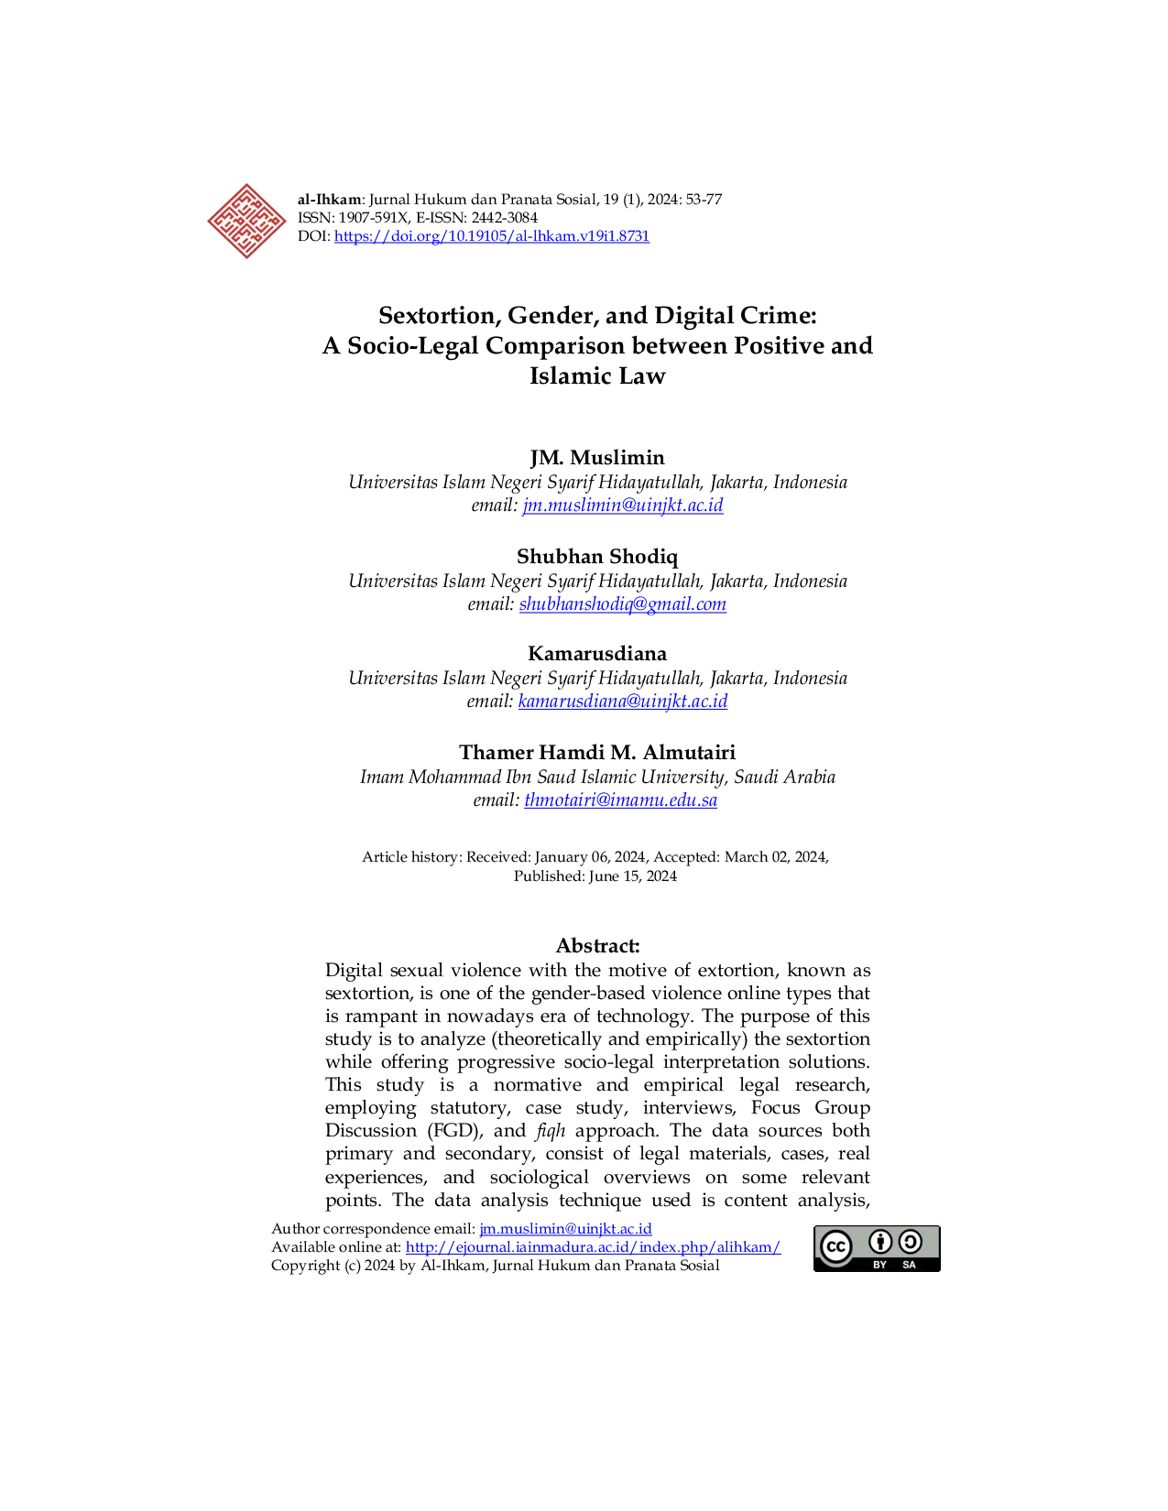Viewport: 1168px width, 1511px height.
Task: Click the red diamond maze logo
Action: [x=246, y=222]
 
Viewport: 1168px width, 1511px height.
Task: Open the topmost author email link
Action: [x=622, y=505]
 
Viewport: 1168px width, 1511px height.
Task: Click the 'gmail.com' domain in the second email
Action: [x=690, y=604]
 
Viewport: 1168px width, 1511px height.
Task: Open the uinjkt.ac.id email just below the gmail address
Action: [x=623, y=701]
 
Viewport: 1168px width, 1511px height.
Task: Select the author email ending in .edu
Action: [x=620, y=800]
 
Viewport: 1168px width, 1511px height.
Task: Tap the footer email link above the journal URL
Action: [x=565, y=1228]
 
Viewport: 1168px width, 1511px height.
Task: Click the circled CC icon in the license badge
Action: [x=835, y=1246]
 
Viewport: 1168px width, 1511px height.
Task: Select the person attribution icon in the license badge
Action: [x=880, y=1242]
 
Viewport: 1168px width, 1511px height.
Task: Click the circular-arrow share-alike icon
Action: [x=910, y=1242]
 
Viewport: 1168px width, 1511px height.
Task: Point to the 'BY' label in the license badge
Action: [x=879, y=1265]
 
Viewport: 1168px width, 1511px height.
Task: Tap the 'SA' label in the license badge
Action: [x=909, y=1265]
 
